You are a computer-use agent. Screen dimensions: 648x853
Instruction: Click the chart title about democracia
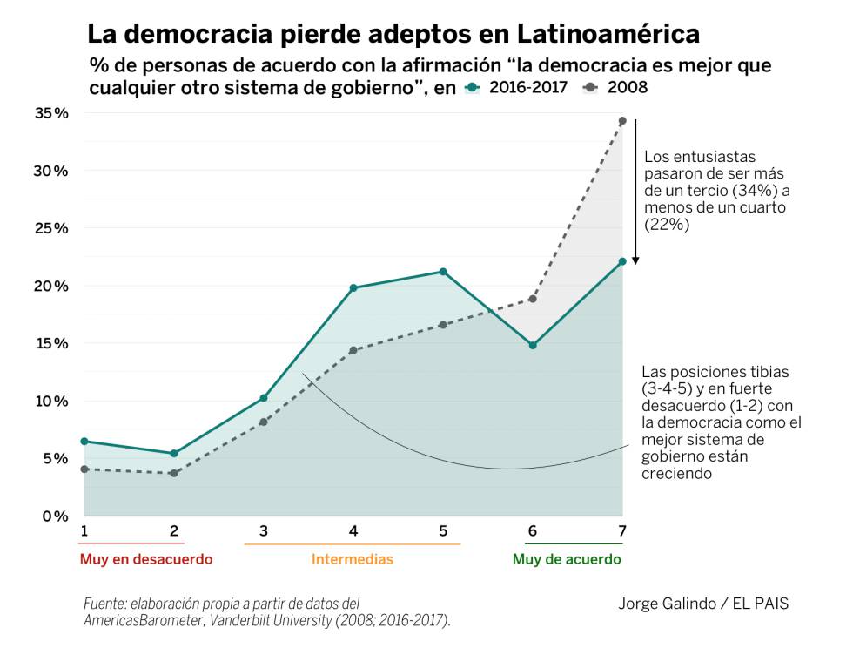coord(393,33)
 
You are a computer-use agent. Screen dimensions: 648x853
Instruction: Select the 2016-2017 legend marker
coord(472,88)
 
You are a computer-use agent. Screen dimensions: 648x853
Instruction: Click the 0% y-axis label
coord(55,516)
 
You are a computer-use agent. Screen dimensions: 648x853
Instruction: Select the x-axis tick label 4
coord(353,531)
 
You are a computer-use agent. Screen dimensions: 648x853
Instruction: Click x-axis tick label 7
coord(621,531)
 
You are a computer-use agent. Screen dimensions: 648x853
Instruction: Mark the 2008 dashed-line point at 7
coord(622,121)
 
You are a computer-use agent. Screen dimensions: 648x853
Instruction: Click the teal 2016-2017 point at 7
coord(622,261)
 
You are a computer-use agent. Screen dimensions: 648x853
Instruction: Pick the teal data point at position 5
coord(443,272)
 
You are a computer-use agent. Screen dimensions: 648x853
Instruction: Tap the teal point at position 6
coord(533,346)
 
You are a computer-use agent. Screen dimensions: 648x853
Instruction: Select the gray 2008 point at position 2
coord(174,473)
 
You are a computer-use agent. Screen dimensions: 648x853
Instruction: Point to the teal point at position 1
coord(84,442)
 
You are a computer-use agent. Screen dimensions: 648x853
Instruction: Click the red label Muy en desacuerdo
coord(146,559)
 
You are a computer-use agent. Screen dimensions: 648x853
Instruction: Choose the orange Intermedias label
coord(353,559)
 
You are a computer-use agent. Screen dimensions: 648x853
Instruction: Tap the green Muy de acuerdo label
coord(567,559)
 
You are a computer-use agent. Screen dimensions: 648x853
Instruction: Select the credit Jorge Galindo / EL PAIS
coord(703,604)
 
